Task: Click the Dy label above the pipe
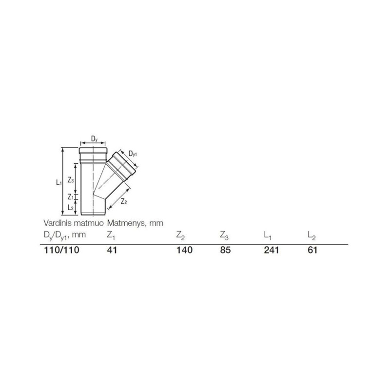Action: click(x=94, y=139)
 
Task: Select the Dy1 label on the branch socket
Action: click(x=133, y=154)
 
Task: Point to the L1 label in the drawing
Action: click(x=58, y=183)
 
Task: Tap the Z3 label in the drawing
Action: click(x=71, y=180)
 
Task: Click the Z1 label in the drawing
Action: click(x=71, y=197)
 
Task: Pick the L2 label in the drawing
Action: click(x=71, y=207)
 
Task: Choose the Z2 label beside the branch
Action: click(x=124, y=202)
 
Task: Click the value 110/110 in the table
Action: click(x=61, y=250)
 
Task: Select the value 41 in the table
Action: click(x=112, y=250)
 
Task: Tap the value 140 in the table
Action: click(x=184, y=250)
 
